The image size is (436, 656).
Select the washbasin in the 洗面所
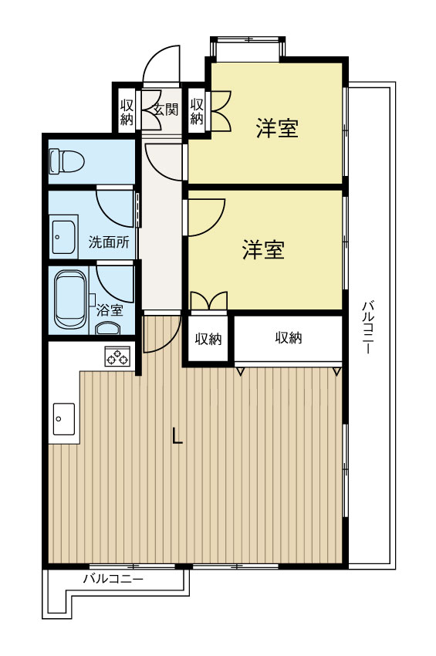tap(63, 235)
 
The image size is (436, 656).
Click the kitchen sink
tap(63, 418)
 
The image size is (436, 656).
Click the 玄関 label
tap(165, 110)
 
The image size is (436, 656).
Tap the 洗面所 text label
tap(108, 242)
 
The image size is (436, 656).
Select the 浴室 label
tap(110, 310)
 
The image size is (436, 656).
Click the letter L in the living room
tap(177, 437)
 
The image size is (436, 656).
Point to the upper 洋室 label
tap(277, 129)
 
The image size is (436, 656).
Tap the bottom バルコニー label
tap(113, 578)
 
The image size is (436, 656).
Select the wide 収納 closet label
tap(288, 337)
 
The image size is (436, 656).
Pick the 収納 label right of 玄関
tap(197, 111)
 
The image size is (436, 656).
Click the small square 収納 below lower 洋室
tap(208, 338)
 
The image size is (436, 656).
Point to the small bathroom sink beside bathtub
tap(107, 329)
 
